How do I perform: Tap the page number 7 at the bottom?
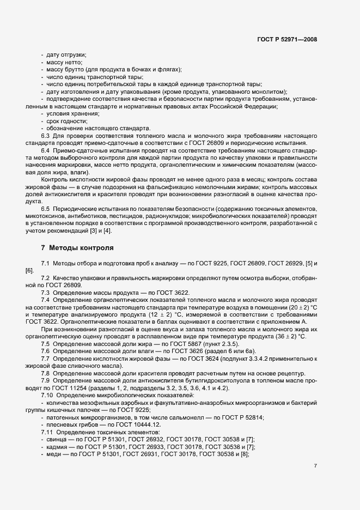[315, 466]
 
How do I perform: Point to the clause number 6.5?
[46, 208]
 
